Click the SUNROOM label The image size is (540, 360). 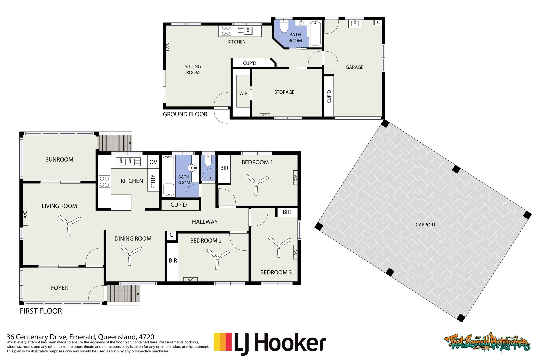[59, 160]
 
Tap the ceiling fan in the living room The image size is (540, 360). [69, 224]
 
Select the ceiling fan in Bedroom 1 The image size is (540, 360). [257, 183]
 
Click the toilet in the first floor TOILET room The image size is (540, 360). [208, 161]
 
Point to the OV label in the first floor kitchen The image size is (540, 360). [153, 162]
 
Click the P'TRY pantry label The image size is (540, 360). [153, 182]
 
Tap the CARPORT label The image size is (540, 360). [425, 225]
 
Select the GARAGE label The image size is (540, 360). [354, 67]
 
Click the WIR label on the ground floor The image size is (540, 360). [243, 93]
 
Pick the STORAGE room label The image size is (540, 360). [284, 92]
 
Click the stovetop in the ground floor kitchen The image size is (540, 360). [226, 31]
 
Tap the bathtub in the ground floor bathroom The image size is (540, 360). [315, 33]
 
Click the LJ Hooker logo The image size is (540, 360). [270, 343]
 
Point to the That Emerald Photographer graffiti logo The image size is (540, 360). [487, 342]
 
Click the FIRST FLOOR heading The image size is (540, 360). [41, 311]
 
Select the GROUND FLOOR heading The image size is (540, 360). [185, 114]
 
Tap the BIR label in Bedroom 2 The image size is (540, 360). [173, 261]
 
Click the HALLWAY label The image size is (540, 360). [205, 222]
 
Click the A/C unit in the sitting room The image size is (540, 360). [167, 46]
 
